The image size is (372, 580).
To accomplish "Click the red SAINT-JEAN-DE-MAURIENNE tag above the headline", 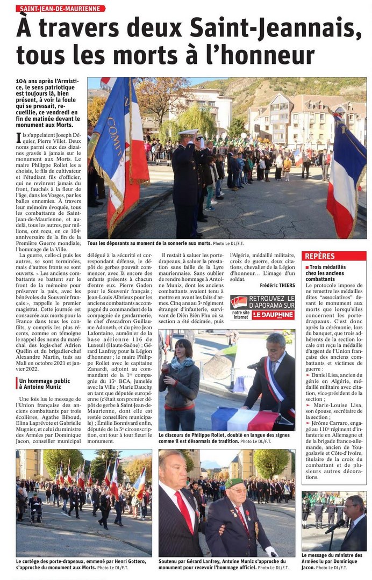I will pyautogui.click(x=60, y=9).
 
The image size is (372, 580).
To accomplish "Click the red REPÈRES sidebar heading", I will pyautogui.click(x=320, y=256).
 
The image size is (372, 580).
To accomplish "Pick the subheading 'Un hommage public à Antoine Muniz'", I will pyautogui.click(x=43, y=383).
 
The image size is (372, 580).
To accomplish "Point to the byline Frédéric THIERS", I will pyautogui.click(x=277, y=285).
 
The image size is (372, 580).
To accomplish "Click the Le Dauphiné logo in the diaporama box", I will pyautogui.click(x=273, y=315).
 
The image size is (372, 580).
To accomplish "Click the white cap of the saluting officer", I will pyautogui.click(x=189, y=132).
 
